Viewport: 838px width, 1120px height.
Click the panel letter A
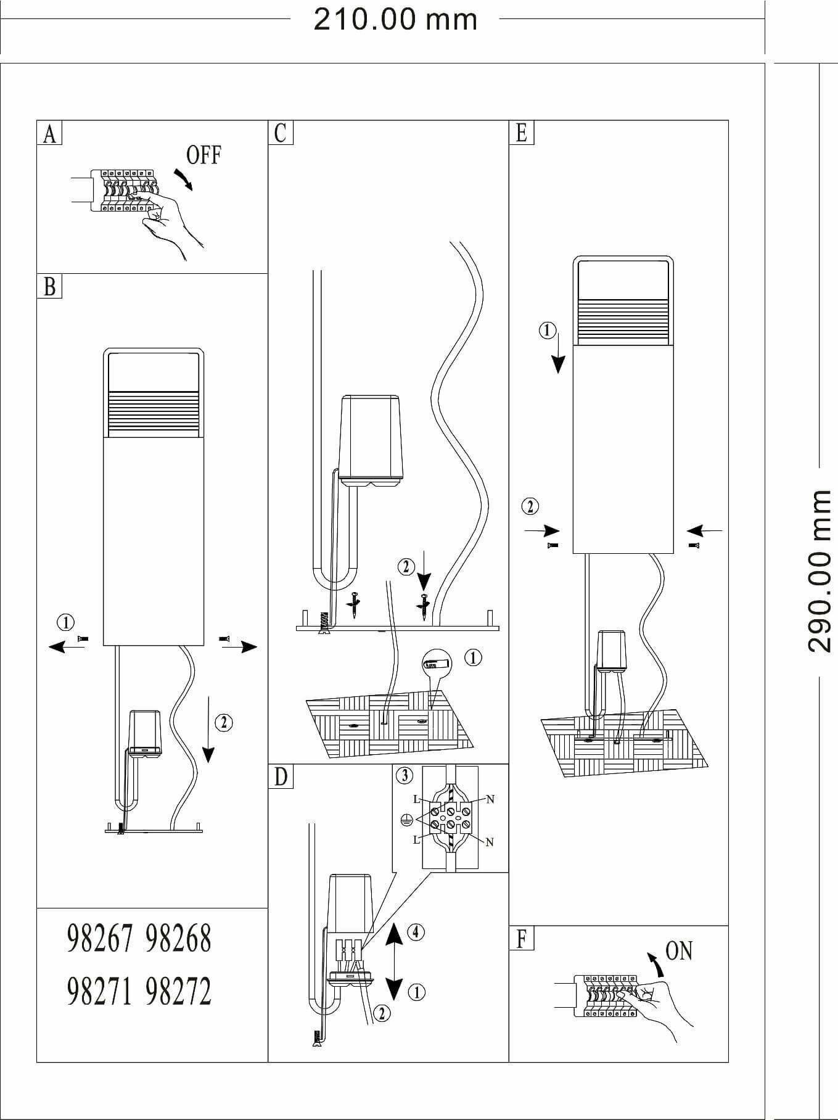click(x=49, y=133)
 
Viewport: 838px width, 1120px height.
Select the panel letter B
click(x=49, y=287)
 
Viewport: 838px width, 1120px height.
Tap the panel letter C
click(x=281, y=133)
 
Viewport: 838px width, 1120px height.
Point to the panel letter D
click(x=281, y=777)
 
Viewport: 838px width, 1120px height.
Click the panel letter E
click(x=522, y=133)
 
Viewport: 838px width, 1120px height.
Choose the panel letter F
click(x=522, y=939)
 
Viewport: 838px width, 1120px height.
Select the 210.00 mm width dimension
click(x=395, y=20)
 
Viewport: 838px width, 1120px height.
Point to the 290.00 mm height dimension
click(x=819, y=571)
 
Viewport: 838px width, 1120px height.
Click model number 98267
click(x=99, y=939)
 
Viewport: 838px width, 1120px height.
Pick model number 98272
click(x=179, y=992)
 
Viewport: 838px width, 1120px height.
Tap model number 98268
click(x=179, y=939)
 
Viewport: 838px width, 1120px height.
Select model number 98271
click(x=99, y=992)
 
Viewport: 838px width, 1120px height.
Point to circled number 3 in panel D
click(x=405, y=775)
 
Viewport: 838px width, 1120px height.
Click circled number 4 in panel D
click(x=416, y=931)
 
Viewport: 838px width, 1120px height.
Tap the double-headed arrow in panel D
click(x=395, y=961)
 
